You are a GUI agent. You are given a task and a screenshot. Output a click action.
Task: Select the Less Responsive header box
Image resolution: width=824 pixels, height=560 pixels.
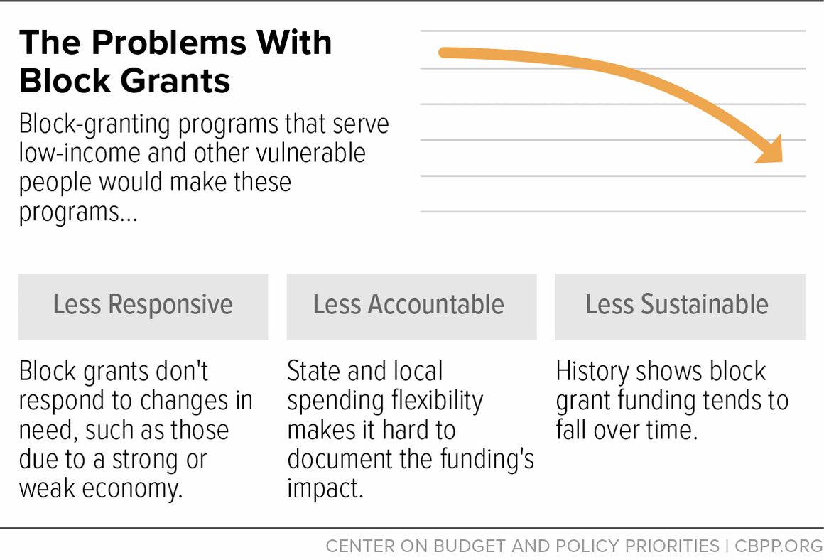(x=143, y=306)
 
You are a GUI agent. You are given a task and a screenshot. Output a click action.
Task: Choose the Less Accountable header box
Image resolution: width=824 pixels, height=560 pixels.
(x=411, y=306)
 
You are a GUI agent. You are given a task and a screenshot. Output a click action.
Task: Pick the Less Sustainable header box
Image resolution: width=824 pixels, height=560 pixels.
(x=679, y=306)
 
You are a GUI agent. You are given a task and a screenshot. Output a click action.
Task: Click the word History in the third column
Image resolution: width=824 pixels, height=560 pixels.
(x=592, y=372)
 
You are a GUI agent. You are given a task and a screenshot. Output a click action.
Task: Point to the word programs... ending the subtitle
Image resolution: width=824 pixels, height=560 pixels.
(x=78, y=211)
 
